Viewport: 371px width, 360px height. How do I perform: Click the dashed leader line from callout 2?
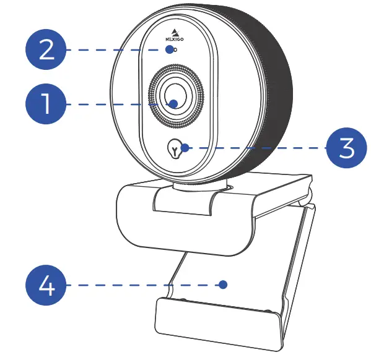tap(118, 49)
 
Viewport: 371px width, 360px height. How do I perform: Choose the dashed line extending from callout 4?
tap(142, 285)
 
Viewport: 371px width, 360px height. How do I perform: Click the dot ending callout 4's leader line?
tap(223, 285)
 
